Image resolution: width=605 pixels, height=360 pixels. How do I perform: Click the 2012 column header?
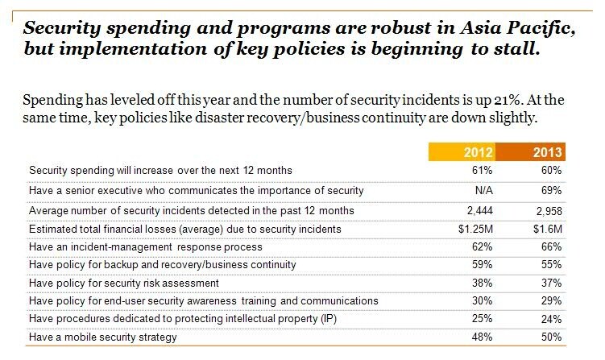(473, 152)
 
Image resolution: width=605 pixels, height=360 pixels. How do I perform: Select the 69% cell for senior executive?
(552, 190)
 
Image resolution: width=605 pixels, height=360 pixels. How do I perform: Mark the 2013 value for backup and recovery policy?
(552, 265)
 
